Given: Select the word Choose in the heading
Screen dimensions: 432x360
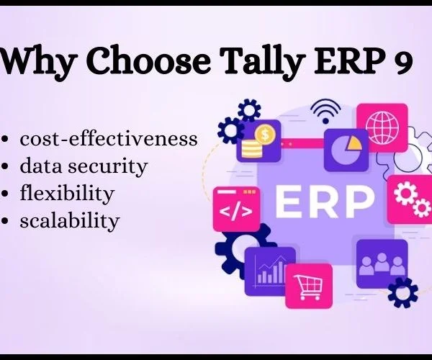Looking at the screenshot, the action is pos(150,60).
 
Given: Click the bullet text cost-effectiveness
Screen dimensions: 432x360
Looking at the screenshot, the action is pos(109,139).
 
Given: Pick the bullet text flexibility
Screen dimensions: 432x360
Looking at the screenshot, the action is pos(67,194).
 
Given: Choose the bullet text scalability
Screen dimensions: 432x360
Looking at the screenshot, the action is pos(70,220).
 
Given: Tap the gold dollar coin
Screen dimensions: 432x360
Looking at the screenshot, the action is pos(265,135).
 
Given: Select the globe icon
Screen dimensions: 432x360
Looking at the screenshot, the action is pos(382,128).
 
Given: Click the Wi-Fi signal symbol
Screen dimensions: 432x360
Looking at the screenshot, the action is pos(325,112).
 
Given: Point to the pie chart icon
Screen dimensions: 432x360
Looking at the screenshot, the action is pos(346,150).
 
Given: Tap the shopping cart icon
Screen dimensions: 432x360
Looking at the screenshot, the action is pos(309,287).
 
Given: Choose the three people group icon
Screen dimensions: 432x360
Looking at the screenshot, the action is pos(382,264).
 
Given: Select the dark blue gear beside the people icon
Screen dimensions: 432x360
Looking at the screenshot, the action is pos(402,293).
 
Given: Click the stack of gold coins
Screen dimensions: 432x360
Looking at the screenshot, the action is pos(251,149).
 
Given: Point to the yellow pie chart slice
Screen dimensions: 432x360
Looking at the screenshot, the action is pos(353,144).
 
